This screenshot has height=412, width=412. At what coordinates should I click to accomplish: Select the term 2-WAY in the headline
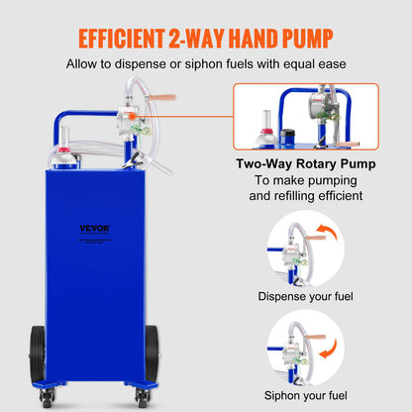pyautogui.click(x=189, y=40)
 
